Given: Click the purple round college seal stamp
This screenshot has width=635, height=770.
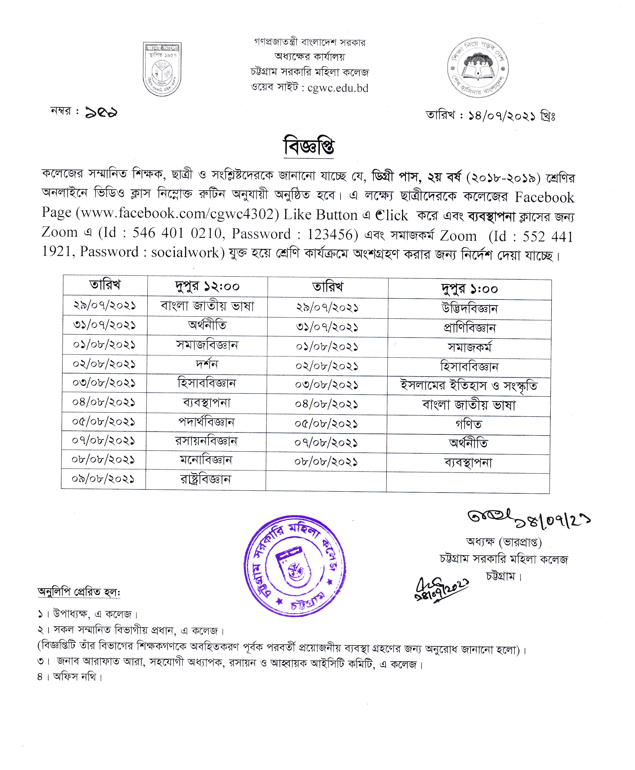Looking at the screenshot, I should (x=295, y=565).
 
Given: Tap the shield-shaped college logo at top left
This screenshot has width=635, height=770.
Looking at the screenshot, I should (x=162, y=69).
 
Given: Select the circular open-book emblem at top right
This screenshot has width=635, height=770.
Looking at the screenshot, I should (x=478, y=67).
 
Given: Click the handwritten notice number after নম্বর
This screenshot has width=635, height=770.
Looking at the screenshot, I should (x=101, y=112).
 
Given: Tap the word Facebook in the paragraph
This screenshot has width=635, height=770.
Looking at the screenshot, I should (x=544, y=198).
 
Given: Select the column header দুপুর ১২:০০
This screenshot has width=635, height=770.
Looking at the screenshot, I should (x=207, y=286).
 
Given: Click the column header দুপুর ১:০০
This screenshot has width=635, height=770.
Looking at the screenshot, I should (x=469, y=289).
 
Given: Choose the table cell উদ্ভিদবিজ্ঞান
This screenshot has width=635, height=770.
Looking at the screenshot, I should (x=469, y=309).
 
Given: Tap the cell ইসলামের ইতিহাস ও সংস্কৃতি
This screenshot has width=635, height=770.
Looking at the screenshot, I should (x=469, y=386).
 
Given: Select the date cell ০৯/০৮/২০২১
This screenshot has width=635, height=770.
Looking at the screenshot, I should (x=103, y=479).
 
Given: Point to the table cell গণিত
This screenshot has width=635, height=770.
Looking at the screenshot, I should (x=469, y=424).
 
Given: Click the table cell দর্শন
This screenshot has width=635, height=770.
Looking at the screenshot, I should (x=207, y=364).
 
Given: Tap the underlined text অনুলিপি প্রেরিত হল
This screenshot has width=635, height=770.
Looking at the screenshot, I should (x=79, y=592).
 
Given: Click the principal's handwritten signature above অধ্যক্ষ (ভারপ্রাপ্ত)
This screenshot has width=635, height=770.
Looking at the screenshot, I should (x=490, y=516).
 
